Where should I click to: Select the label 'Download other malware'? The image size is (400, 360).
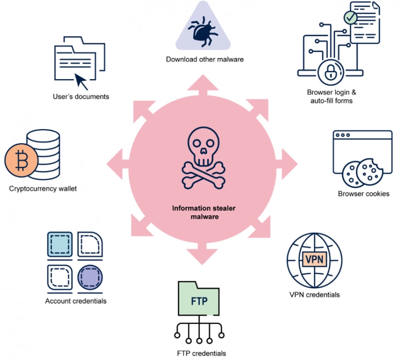(x=205, y=59)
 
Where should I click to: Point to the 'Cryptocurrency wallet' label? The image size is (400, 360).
(x=43, y=188)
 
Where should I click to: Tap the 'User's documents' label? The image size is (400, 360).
(x=81, y=96)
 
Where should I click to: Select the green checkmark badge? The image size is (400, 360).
(x=351, y=18)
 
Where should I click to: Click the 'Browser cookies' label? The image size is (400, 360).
(x=364, y=194)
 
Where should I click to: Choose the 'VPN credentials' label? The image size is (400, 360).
(x=315, y=294)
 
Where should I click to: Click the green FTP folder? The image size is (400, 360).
(x=199, y=302)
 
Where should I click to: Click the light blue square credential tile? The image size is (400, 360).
(x=60, y=245)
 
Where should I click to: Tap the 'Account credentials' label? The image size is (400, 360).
(x=76, y=301)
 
